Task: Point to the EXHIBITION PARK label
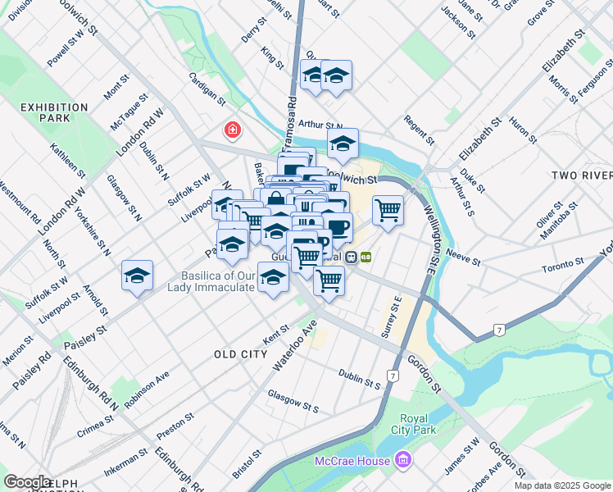point(54,113)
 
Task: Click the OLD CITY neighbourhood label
point(240,354)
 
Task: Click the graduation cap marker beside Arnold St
point(137,276)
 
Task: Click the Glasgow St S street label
point(293,400)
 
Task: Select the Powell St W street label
point(71,49)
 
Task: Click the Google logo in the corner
point(28,482)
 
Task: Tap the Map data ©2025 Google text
point(562,485)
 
